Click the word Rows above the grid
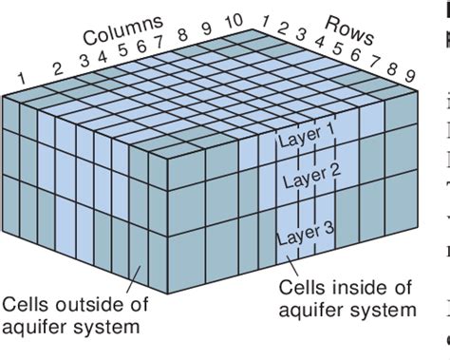point(350,28)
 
